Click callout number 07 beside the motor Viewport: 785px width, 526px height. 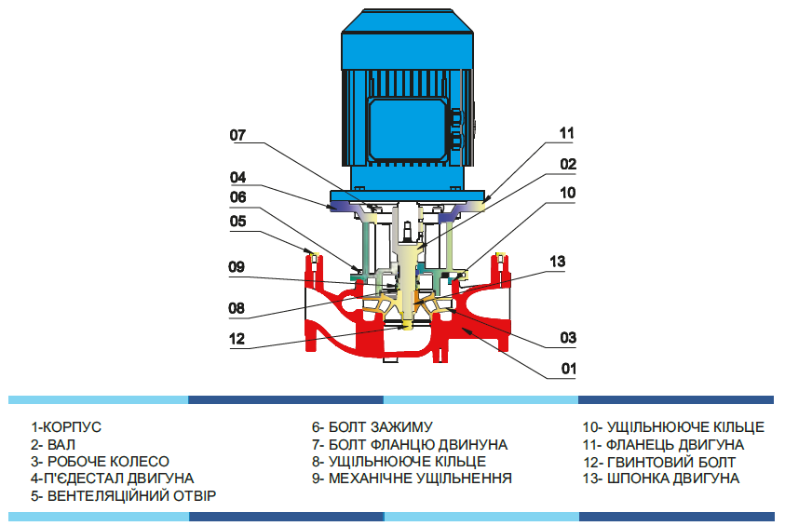click(237, 136)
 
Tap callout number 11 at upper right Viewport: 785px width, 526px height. click(567, 133)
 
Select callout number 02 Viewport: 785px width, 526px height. click(568, 164)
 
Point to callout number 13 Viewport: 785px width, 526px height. click(557, 263)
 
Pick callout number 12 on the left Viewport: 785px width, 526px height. click(237, 340)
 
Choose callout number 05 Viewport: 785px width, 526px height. click(237, 222)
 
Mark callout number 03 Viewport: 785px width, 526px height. click(568, 337)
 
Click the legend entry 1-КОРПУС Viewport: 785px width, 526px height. click(66, 427)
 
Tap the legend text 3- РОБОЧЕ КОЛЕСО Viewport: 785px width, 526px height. click(100, 461)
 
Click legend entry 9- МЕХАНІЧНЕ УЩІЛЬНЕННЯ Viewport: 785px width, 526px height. click(412, 478)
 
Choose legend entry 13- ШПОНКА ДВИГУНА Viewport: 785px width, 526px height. click(661, 478)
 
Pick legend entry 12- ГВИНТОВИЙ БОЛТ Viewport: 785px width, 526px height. click(659, 461)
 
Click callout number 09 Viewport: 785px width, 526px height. click(237, 266)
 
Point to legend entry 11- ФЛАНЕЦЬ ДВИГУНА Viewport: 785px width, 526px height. click(663, 444)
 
